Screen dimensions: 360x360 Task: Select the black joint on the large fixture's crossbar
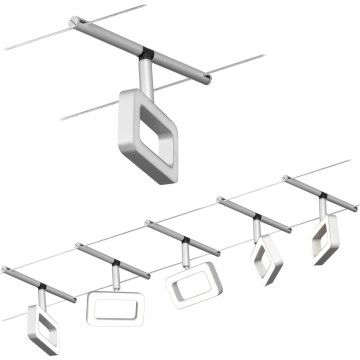tap(147, 48)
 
